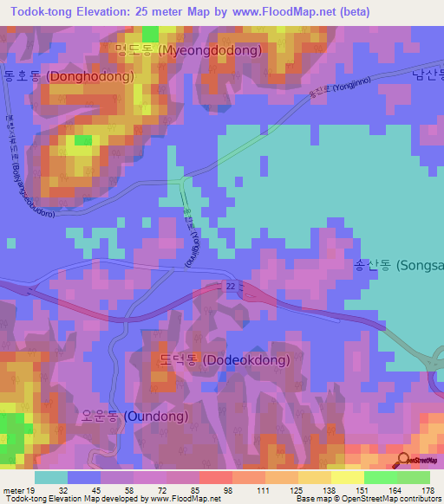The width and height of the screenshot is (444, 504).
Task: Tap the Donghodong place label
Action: point(69,76)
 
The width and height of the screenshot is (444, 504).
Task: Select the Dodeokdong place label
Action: point(225,359)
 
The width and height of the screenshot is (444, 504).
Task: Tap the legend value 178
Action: point(426,489)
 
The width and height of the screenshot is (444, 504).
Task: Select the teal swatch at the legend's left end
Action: point(50,477)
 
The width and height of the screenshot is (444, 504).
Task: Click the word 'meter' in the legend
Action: point(12,489)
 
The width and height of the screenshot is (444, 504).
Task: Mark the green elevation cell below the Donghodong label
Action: point(82,139)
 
